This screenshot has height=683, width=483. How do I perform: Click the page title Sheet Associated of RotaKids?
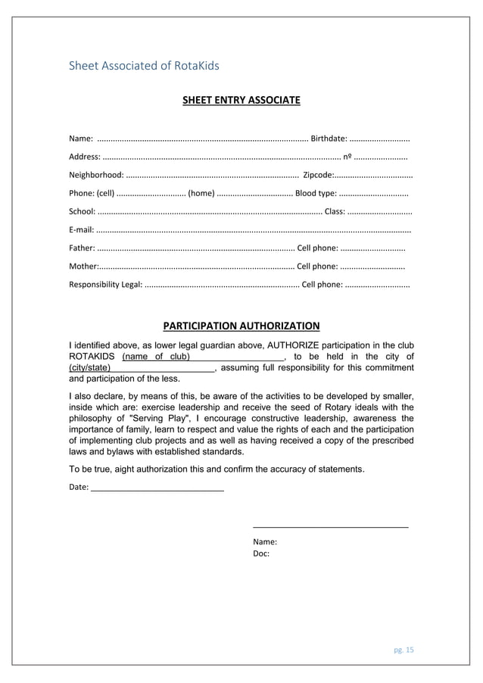(144, 66)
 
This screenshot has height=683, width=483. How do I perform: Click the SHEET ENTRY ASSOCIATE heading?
(241, 100)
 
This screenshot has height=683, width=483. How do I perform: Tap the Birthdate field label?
(329, 139)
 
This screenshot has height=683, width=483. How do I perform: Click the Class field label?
(334, 211)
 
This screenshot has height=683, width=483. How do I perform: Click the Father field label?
(82, 248)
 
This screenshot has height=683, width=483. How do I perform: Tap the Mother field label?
(83, 267)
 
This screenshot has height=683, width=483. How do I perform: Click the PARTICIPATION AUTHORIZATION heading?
(241, 326)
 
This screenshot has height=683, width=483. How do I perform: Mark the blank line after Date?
(157, 487)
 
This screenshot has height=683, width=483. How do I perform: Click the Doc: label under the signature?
(261, 554)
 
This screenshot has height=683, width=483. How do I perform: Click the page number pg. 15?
(404, 649)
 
